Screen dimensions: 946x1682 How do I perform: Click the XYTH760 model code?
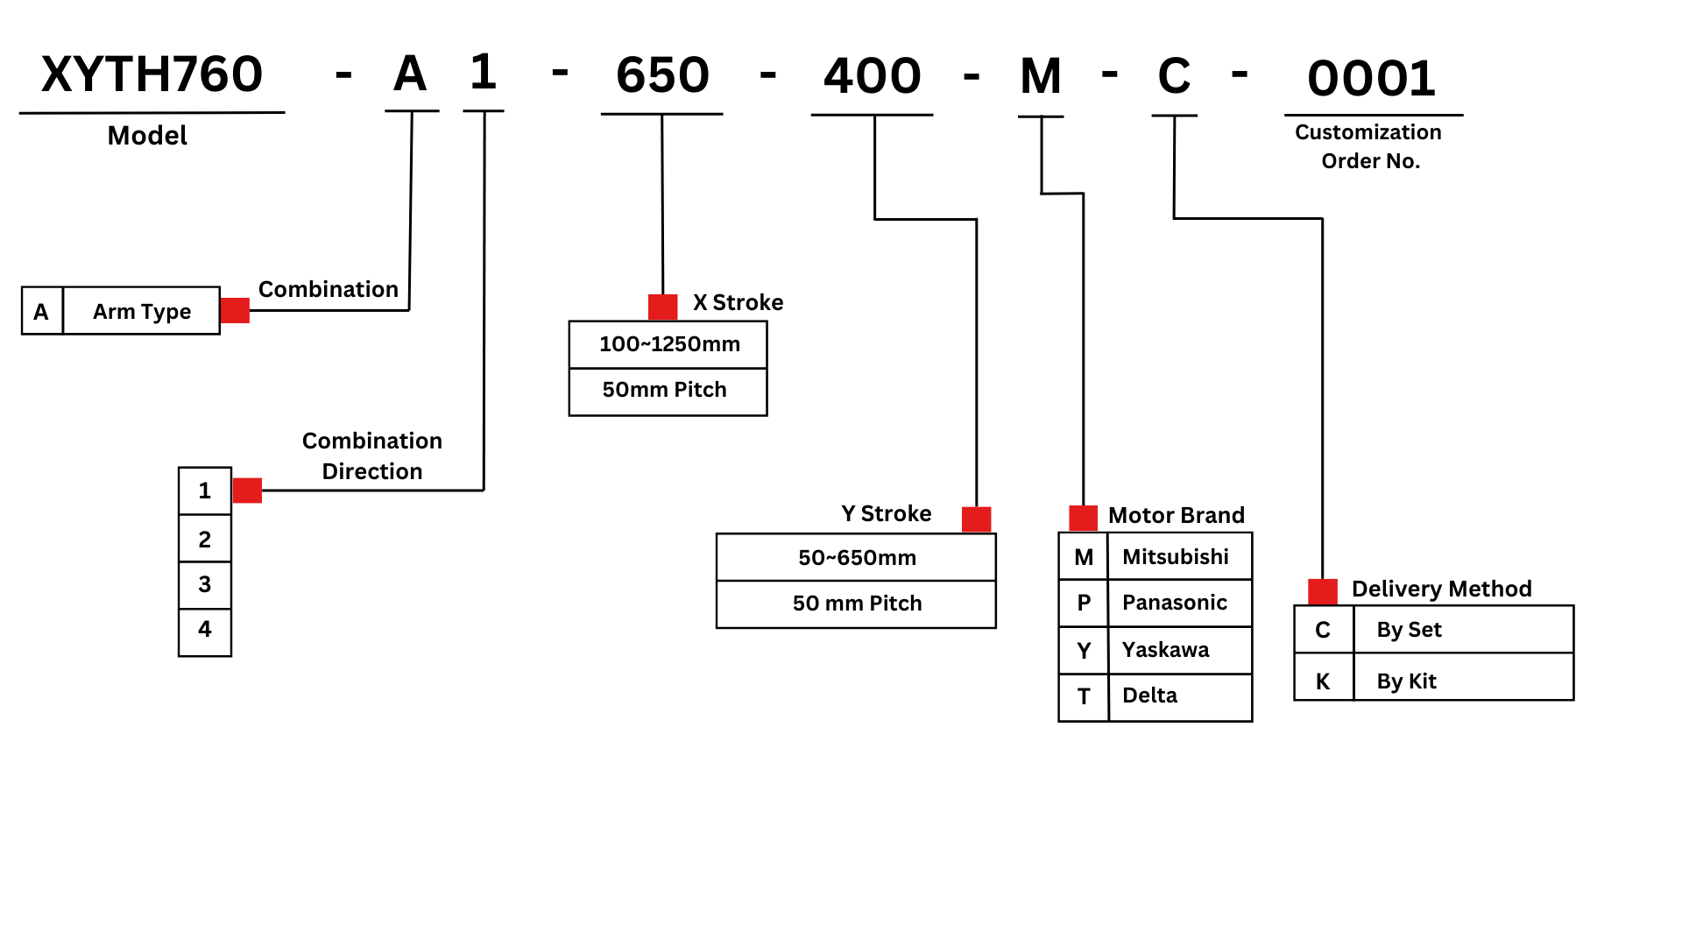point(152,74)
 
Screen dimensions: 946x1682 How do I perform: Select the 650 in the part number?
point(662,75)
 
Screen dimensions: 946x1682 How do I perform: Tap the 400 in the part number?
point(873,75)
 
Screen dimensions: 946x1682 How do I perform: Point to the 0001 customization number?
point(1372,79)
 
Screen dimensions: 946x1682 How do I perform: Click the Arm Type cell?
point(142,311)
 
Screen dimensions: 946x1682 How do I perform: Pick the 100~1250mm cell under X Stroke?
point(669,344)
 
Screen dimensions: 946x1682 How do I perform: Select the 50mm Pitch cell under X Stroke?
point(665,390)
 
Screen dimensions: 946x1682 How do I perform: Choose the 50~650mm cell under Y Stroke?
point(857,558)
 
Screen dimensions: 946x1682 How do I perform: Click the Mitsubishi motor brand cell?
point(1175,557)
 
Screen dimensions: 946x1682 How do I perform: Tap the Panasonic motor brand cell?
point(1175,603)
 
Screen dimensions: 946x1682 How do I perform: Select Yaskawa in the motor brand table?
point(1165,650)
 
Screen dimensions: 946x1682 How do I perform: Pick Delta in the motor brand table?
point(1149,695)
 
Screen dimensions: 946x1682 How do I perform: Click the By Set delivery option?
point(1409,630)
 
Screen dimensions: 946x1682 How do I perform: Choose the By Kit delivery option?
point(1406,681)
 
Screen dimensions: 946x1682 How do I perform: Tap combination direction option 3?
point(205,584)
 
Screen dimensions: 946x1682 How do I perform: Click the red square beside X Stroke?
point(662,307)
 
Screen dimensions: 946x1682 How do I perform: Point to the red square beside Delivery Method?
point(1322,591)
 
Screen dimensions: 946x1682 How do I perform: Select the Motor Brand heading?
point(1176,515)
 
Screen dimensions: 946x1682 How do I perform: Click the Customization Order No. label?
point(1368,146)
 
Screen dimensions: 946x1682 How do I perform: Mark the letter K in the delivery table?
point(1323,681)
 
